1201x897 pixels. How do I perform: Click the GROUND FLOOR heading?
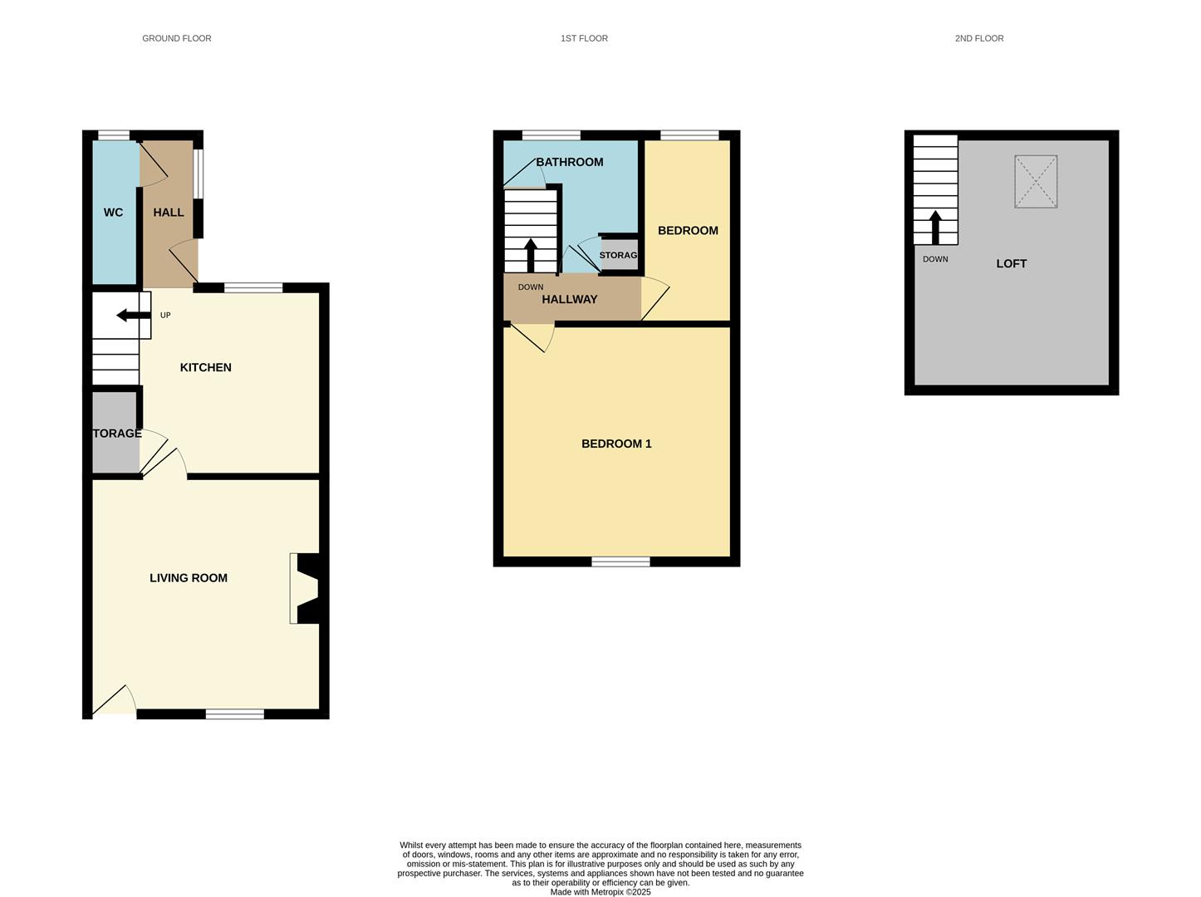coord(176,38)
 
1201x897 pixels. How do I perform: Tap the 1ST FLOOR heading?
coord(584,38)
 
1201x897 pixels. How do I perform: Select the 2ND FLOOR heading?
coord(978,38)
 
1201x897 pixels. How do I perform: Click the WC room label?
coord(113,213)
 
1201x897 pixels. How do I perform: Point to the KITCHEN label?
coord(205,367)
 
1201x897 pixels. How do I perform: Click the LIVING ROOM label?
coord(188,578)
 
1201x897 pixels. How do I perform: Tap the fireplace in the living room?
coord(306,589)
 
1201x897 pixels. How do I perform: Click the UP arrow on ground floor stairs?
coord(133,315)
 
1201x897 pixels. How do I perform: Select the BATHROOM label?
coord(569,162)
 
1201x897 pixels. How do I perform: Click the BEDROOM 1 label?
coord(616,444)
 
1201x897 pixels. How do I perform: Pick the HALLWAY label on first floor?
coord(569,299)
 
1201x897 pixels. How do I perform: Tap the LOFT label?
coord(1011,263)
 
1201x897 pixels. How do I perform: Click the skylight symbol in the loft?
coord(1036,181)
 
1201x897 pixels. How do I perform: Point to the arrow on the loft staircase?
coord(935,227)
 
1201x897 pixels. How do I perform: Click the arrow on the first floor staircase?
coord(531,255)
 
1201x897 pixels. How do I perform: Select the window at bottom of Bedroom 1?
coord(620,562)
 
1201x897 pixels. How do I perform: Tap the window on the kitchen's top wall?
coord(253,288)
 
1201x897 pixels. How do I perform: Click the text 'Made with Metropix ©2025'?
coord(600,892)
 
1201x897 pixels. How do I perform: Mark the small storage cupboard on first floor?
coord(619,255)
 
